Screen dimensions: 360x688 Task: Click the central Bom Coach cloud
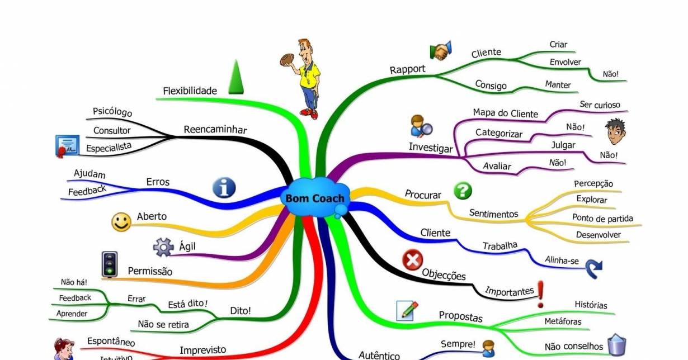tap(315, 198)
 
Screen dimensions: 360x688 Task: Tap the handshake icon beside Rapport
tap(441, 51)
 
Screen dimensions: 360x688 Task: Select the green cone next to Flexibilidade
tap(236, 77)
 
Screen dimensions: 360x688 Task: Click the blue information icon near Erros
tap(224, 188)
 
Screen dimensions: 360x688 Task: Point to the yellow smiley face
tap(121, 222)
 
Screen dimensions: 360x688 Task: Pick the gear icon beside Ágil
tap(163, 247)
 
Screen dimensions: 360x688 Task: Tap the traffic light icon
tap(110, 264)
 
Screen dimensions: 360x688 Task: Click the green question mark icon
tap(462, 191)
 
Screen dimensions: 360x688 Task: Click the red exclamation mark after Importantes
tap(541, 294)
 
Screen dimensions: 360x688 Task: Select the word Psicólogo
tap(112, 112)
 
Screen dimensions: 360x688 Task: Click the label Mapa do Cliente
tap(505, 113)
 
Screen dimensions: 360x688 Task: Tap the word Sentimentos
tap(493, 213)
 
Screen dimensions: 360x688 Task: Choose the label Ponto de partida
tap(602, 218)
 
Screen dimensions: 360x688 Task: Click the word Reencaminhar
tap(215, 130)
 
